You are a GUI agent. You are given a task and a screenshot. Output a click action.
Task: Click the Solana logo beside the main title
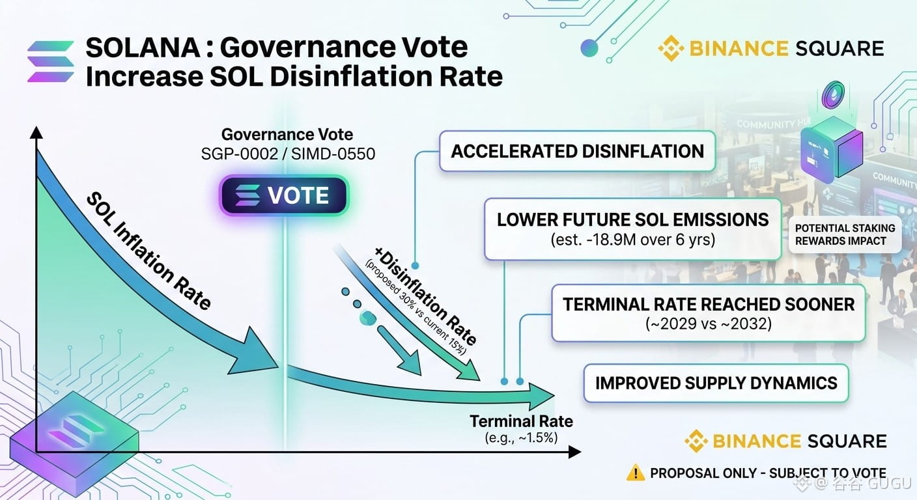click(50, 61)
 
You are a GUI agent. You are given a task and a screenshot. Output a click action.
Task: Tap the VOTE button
click(284, 195)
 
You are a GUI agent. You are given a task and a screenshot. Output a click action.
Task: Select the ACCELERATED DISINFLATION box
click(577, 151)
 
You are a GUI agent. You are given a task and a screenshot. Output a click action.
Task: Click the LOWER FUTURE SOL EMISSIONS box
click(633, 229)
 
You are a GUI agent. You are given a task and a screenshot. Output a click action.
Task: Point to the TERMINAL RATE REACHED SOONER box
click(709, 313)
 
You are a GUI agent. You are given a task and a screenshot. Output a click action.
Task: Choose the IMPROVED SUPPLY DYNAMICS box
click(716, 383)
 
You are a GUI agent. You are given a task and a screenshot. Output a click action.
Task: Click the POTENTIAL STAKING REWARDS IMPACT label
click(845, 234)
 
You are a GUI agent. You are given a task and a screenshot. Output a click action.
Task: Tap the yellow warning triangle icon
click(636, 473)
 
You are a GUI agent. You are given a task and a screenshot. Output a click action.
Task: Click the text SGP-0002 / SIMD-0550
click(289, 154)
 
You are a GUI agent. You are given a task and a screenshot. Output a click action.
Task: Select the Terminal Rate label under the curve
click(521, 421)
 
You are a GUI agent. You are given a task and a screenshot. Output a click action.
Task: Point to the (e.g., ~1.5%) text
click(521, 437)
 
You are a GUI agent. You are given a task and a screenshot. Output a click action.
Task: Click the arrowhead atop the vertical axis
click(36, 132)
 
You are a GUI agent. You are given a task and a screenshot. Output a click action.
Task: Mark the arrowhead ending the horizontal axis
click(575, 452)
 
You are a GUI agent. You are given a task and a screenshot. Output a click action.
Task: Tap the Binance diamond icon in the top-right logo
click(671, 48)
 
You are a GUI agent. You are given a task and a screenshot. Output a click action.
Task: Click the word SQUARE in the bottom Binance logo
click(847, 441)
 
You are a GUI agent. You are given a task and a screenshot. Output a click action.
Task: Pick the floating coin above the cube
click(834, 94)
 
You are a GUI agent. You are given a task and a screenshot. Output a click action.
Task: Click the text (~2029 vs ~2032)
click(709, 324)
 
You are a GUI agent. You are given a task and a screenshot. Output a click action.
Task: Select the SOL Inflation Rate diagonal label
click(149, 251)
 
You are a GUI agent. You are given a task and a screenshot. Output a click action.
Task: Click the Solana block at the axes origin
click(74, 444)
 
